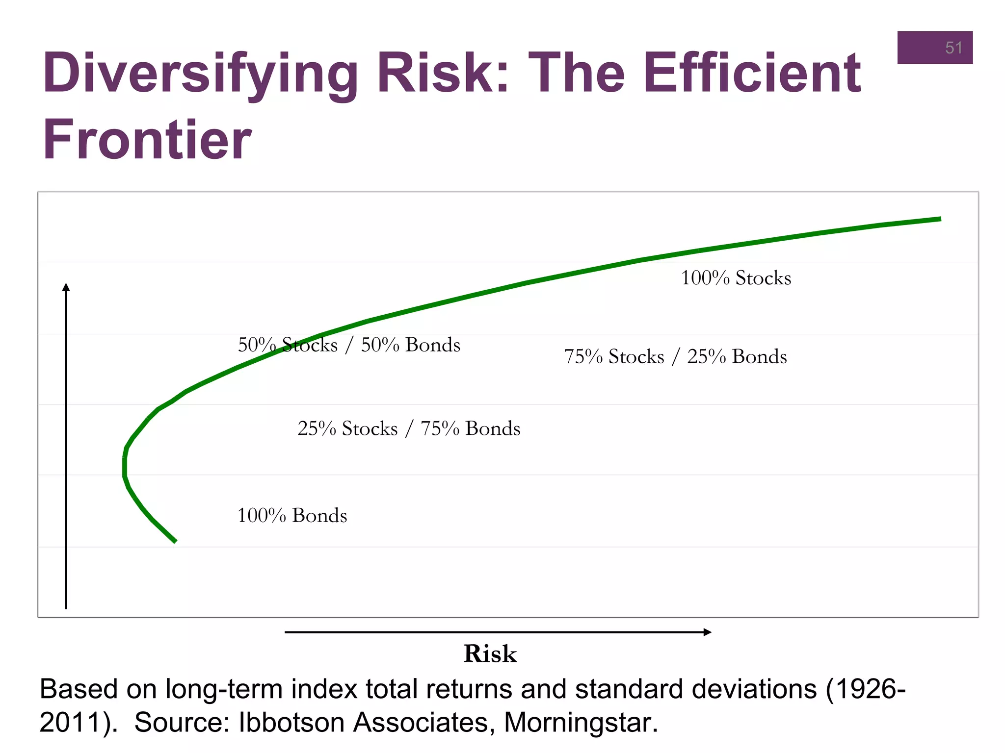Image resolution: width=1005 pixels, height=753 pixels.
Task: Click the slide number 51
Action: (953, 48)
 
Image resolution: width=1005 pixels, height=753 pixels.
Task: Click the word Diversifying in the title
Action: (200, 74)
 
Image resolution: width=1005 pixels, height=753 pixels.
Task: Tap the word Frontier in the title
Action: (147, 140)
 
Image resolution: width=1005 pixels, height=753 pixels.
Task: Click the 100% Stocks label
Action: (736, 278)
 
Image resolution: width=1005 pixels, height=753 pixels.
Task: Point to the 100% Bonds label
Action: (292, 516)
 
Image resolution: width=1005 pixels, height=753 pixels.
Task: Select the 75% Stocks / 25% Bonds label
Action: (675, 356)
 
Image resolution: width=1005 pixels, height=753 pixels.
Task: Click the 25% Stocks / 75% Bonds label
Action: (409, 428)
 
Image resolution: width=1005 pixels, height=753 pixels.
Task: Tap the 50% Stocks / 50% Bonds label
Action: (349, 345)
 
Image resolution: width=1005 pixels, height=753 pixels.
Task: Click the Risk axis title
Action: (490, 654)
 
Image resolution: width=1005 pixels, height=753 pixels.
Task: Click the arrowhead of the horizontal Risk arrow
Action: (708, 632)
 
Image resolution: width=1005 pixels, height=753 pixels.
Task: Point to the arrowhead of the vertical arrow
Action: (66, 287)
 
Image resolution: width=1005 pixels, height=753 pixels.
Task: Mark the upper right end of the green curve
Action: (940, 219)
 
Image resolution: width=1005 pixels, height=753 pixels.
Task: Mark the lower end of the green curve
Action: (175, 541)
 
